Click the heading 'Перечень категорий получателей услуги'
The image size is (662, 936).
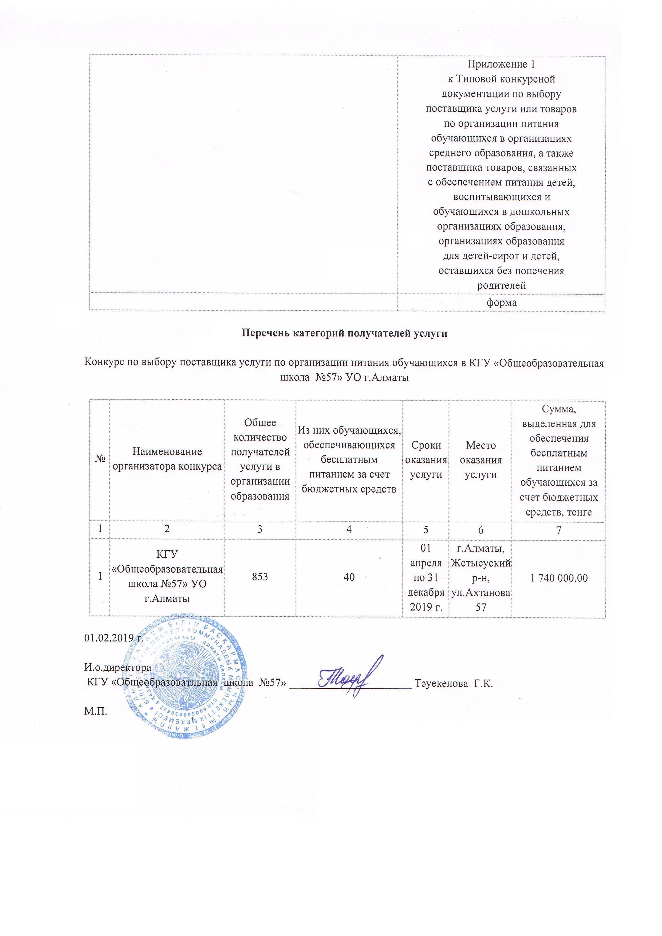[345, 333]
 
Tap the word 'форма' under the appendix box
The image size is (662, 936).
[501, 303]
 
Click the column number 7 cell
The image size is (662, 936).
[558, 530]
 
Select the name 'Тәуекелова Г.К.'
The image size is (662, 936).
[454, 683]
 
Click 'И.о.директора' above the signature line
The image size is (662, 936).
[117, 668]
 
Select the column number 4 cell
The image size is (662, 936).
[349, 530]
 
